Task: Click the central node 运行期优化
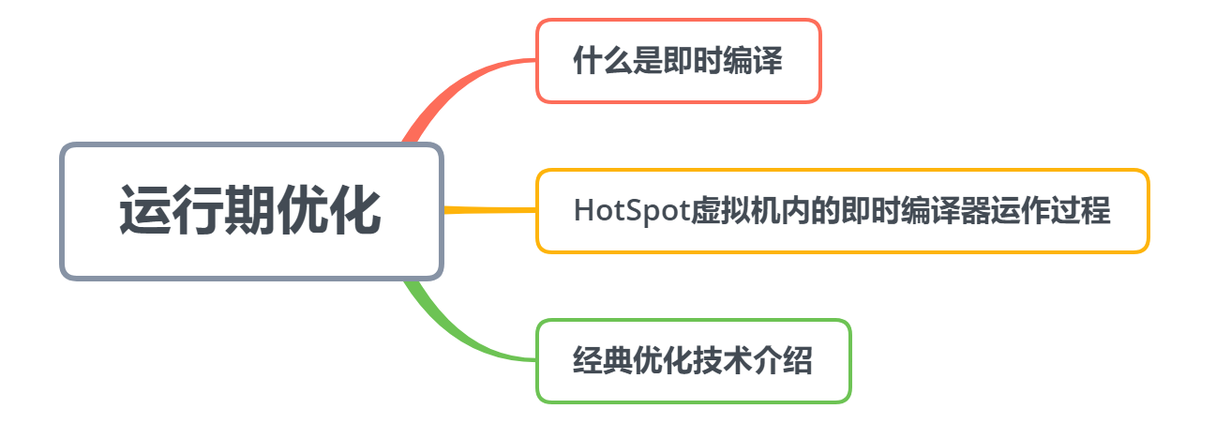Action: pyautogui.click(x=250, y=211)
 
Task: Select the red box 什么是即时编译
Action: pyautogui.click(x=678, y=61)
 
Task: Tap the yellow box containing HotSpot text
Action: pyautogui.click(x=842, y=210)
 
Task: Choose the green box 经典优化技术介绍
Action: pyautogui.click(x=693, y=361)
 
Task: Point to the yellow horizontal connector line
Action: pyautogui.click(x=488, y=210)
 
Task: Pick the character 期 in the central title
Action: pyautogui.click(x=250, y=211)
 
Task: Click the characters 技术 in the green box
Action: pyautogui.click(x=722, y=361)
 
